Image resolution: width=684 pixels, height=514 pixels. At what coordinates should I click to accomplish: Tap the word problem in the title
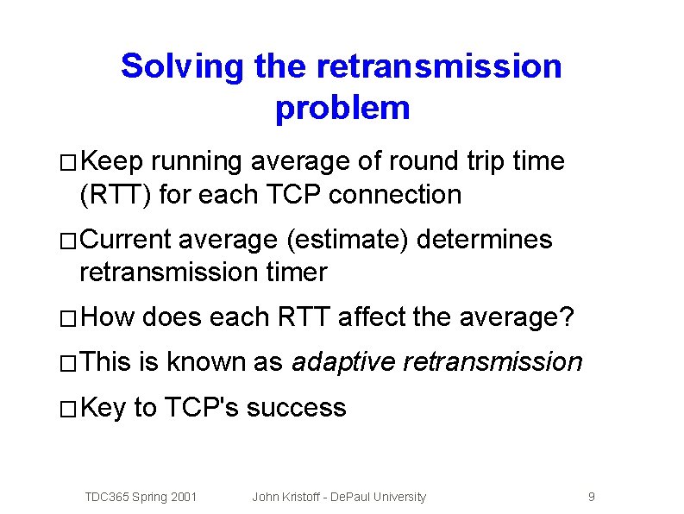coord(342,109)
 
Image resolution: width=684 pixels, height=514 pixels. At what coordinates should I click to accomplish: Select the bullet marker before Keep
coord(69,163)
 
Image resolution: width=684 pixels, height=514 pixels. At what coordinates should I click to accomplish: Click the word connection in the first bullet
coord(395,195)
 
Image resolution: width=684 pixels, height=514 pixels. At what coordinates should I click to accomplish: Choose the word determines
coord(484,239)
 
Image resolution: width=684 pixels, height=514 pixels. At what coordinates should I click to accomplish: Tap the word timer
coord(293,273)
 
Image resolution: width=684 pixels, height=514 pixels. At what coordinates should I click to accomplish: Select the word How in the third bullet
coord(107,317)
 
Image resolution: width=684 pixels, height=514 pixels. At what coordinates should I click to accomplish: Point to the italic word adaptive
coord(343,362)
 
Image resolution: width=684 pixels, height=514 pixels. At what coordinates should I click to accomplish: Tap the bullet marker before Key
coord(69,410)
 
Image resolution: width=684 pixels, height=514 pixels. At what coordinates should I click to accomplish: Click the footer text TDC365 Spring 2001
coord(141,497)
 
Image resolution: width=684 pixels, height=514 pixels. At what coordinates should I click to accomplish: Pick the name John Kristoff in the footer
coord(286,497)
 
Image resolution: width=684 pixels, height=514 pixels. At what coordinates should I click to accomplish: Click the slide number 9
coord(591,497)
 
